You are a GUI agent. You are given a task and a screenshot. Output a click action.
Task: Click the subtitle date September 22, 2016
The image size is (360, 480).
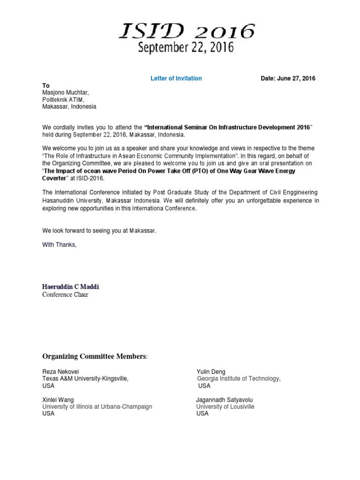185,48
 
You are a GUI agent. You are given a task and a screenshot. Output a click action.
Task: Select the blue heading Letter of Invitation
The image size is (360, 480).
176,78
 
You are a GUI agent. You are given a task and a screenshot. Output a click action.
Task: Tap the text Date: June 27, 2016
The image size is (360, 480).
288,78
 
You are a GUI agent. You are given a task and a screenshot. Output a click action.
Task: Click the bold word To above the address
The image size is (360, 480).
46,86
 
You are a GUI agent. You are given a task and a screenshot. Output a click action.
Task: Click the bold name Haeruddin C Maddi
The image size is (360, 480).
71,287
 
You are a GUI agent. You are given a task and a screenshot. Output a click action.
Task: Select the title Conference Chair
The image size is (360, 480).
65,295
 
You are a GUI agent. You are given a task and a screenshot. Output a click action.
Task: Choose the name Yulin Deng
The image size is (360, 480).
211,372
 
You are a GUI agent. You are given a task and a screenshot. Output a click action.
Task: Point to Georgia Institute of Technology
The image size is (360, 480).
239,379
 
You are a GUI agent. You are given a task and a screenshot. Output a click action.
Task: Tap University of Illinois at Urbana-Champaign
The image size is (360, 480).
97,407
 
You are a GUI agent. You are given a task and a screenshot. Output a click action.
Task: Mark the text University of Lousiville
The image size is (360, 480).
225,407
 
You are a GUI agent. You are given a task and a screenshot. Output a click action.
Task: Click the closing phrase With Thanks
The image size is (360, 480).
59,245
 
